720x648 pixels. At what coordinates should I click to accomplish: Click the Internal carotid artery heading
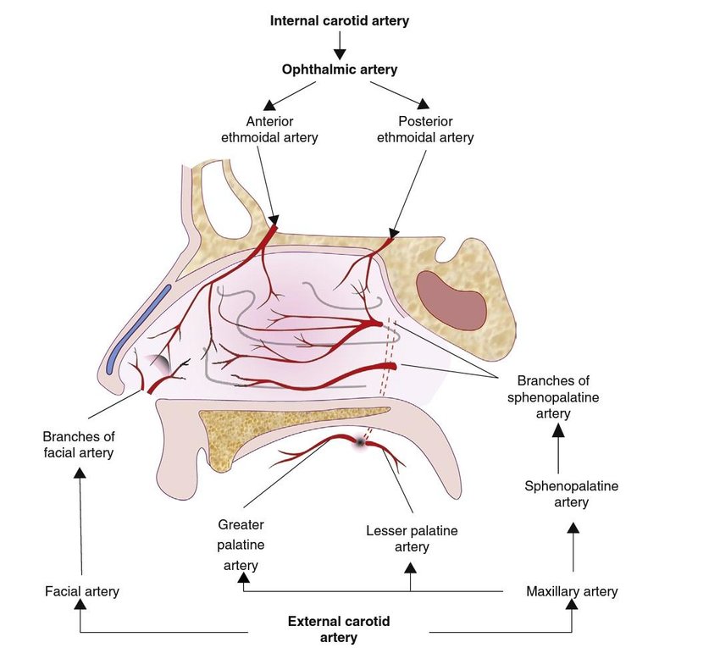click(339, 20)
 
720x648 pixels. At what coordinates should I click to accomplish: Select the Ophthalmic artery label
click(339, 70)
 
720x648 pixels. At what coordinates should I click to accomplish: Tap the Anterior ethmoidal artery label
click(269, 129)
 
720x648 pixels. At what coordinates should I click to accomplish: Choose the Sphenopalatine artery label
click(571, 494)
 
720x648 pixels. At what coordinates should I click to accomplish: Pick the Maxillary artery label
click(572, 591)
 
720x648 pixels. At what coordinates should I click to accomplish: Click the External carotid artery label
click(339, 629)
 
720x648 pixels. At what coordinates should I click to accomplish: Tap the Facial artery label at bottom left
click(82, 591)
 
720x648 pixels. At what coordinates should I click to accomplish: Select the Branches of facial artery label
click(78, 445)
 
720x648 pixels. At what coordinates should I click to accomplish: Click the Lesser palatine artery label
click(412, 539)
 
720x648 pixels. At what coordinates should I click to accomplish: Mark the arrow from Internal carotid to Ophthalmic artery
click(340, 45)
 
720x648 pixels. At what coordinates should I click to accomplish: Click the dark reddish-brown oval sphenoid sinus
click(451, 299)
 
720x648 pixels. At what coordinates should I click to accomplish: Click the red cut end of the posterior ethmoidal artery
click(388, 242)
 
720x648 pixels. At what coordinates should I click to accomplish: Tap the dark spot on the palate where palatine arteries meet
click(362, 441)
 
